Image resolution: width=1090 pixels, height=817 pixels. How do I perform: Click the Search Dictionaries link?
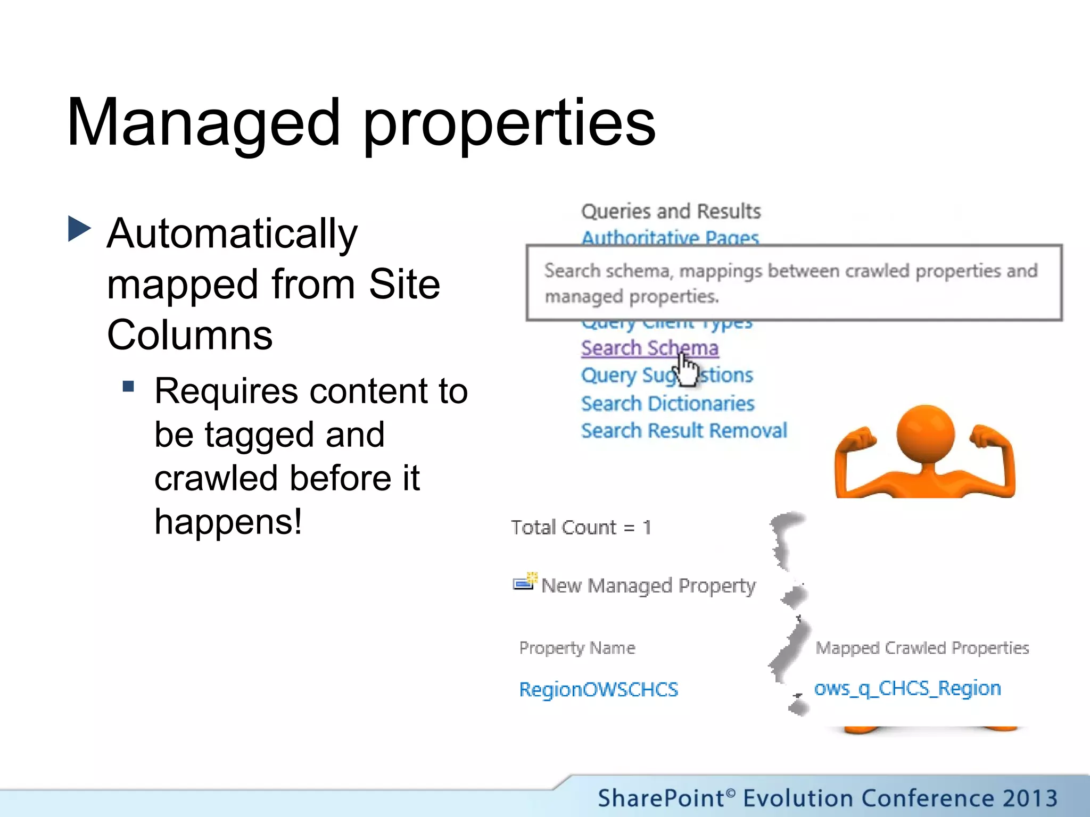coord(667,404)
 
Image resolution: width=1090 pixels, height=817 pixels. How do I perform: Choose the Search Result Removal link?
coord(683,430)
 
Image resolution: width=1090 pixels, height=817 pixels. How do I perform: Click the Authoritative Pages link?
coord(670,238)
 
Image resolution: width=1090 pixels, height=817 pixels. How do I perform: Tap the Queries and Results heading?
coord(671,211)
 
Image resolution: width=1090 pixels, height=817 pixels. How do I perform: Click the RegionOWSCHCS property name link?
coord(598,689)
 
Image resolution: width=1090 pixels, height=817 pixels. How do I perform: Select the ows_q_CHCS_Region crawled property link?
coord(907,688)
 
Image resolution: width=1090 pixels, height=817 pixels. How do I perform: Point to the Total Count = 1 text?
coord(581,527)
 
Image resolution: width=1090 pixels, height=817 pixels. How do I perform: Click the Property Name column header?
coord(577,648)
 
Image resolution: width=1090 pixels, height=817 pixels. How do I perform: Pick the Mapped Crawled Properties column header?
coord(922,648)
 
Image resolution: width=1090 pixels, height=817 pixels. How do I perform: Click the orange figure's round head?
coord(925,433)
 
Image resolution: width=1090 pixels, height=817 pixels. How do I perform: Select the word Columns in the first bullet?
coord(189,335)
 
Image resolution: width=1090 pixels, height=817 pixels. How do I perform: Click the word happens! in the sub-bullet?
coord(228,521)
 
